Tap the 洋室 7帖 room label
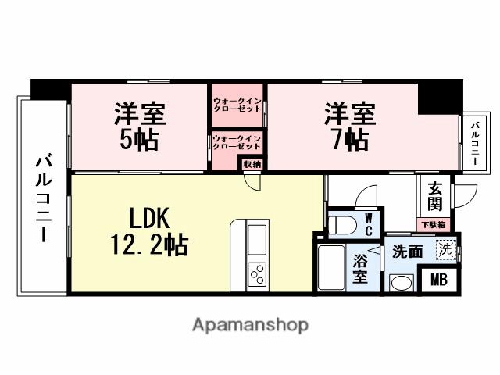tap(349, 127)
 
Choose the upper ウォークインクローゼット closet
tap(237, 105)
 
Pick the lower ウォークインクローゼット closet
tap(237, 143)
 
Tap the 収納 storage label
tap(252, 163)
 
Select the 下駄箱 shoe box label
tap(434, 225)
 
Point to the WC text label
tap(369, 224)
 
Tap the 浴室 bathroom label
tap(360, 268)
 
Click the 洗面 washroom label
tap(407, 252)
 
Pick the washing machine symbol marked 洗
tap(445, 252)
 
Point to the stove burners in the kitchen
tap(256, 275)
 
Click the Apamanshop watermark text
tap(250, 324)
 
